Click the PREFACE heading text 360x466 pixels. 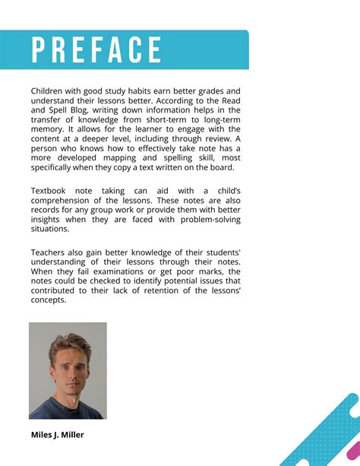click(x=97, y=50)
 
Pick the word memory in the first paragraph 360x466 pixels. click(x=49, y=130)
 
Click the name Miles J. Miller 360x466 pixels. click(x=58, y=435)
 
